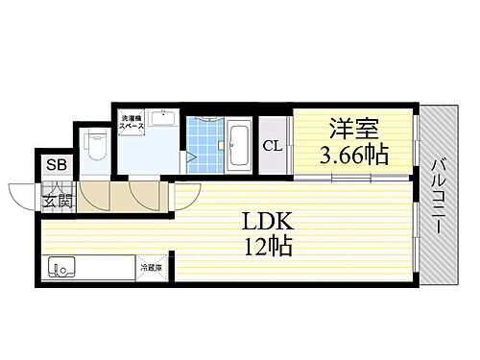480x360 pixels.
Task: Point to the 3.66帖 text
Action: coord(355,156)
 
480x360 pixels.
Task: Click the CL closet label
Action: coord(273,146)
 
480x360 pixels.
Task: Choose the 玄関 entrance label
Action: coord(56,201)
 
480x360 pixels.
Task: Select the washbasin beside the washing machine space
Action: coord(159,122)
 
